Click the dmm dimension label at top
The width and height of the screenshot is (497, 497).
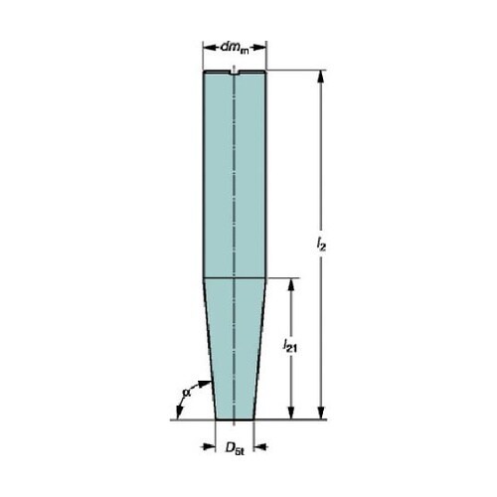point(235,48)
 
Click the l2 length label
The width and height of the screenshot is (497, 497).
point(321,245)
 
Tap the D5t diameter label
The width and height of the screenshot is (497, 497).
point(235,448)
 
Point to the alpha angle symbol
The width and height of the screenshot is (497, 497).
point(187,393)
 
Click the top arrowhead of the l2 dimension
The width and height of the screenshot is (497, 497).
point(320,77)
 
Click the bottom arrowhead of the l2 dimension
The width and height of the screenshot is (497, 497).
point(320,414)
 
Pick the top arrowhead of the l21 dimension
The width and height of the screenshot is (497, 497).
point(291,284)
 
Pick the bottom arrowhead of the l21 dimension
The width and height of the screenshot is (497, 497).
point(291,414)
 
